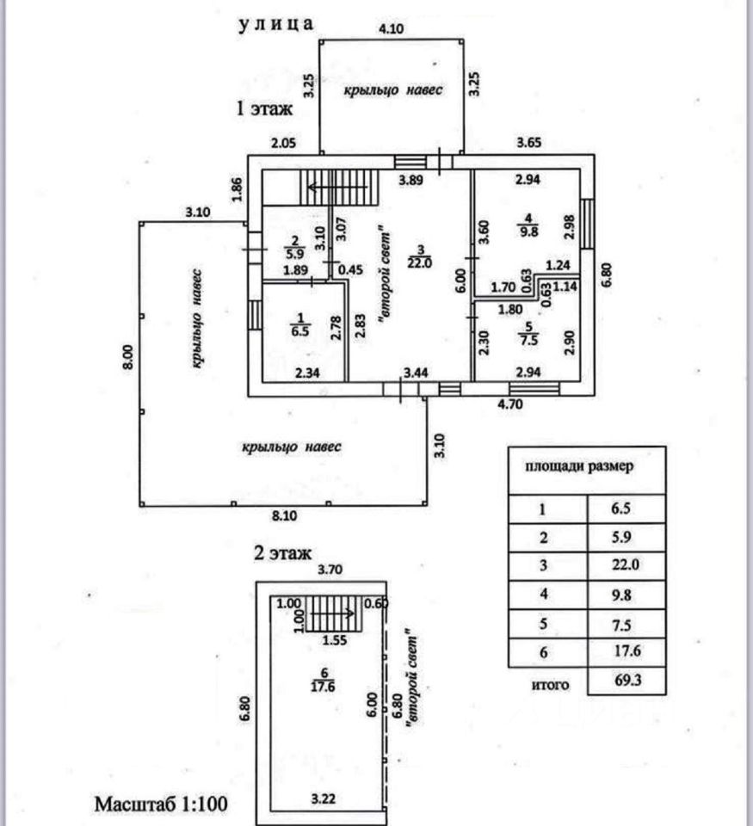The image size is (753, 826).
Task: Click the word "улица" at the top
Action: (275, 24)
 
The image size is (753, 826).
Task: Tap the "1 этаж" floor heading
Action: (265, 109)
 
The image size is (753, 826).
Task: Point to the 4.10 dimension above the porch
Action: (392, 28)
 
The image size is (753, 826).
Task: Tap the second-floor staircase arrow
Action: (335, 613)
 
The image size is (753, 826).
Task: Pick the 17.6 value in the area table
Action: (626, 653)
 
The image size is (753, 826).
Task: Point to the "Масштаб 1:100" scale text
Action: (160, 804)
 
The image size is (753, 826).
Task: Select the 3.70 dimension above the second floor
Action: (330, 569)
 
